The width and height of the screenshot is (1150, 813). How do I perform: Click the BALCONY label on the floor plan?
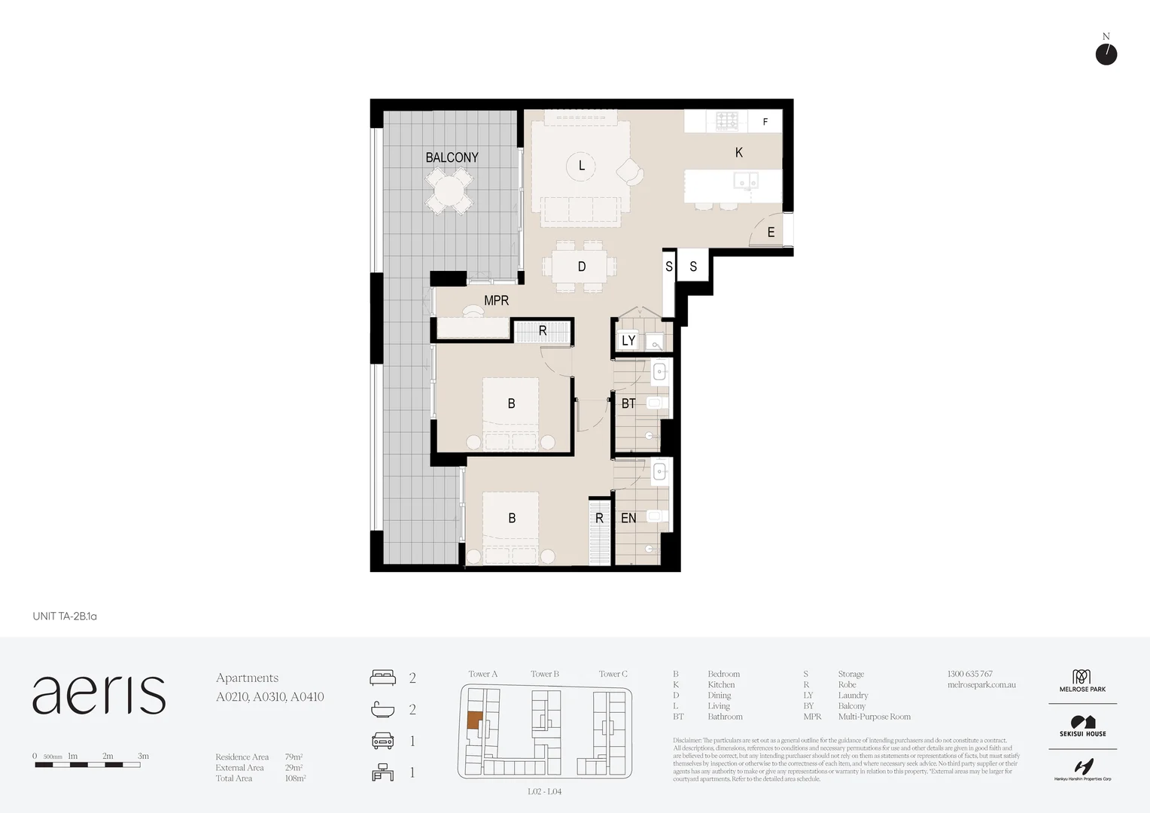[x=452, y=157]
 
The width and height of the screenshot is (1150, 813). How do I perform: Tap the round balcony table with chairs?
[x=449, y=191]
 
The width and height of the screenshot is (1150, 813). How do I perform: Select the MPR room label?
[x=496, y=300]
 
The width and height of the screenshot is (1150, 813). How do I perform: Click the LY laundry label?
[x=628, y=340]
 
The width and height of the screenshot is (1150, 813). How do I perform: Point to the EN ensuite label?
[x=628, y=518]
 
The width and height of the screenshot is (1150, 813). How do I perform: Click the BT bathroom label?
[x=628, y=403]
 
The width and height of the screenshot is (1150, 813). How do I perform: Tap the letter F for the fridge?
[x=765, y=122]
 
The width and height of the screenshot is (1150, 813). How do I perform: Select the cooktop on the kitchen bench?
[x=727, y=120]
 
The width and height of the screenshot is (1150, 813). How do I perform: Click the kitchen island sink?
[x=747, y=180]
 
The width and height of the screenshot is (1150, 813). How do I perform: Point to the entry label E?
[x=771, y=233]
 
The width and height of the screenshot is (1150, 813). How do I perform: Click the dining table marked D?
[x=581, y=266]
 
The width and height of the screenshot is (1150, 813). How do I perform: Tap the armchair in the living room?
[x=630, y=172]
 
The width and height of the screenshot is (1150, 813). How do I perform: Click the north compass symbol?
[x=1106, y=53]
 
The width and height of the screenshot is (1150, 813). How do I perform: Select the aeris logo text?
[x=99, y=694]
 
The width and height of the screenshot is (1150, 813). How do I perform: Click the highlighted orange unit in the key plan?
[x=473, y=720]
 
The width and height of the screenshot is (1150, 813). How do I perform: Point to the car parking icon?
[x=382, y=741]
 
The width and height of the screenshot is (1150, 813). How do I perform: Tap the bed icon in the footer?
[x=382, y=677]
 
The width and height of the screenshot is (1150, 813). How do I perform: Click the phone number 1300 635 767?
[x=969, y=674]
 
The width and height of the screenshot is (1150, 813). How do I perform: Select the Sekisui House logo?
[x=1082, y=726]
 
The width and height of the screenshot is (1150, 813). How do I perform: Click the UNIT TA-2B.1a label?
[x=65, y=616]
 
